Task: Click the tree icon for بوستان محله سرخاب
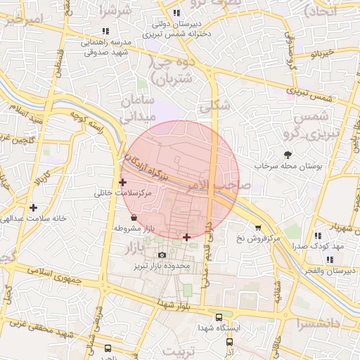click(x=288, y=155)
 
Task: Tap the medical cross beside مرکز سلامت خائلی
click(x=123, y=182)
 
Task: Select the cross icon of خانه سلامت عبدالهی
click(x=34, y=207)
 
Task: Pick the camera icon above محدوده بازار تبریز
click(x=162, y=255)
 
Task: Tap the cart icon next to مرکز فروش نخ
click(x=258, y=228)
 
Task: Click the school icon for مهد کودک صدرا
click(x=318, y=236)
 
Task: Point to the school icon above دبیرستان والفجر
click(x=330, y=259)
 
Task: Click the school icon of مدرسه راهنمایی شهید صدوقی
click(x=105, y=31)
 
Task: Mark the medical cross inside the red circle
click(x=186, y=237)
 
